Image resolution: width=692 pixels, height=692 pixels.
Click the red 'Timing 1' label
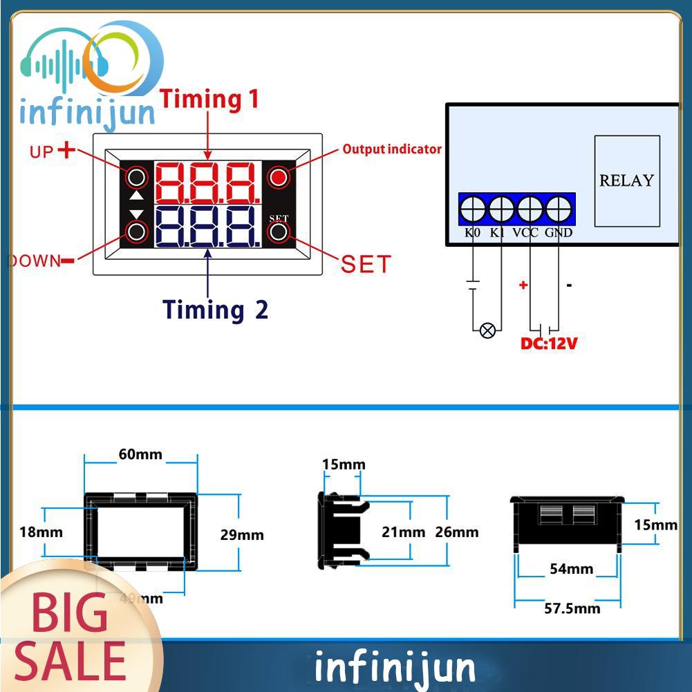tap(209, 99)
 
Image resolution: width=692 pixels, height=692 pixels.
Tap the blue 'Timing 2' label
tap(216, 309)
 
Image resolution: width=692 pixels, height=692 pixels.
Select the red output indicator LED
tap(279, 178)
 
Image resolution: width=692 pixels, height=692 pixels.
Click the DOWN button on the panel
tap(137, 231)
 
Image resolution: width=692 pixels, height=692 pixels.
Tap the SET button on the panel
tap(279, 232)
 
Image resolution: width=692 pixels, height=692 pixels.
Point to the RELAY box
tap(626, 181)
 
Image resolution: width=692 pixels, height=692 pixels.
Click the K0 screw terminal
tap(473, 208)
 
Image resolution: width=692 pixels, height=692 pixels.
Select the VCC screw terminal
tap(530, 208)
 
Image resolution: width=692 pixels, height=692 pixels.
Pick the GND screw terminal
tap(559, 208)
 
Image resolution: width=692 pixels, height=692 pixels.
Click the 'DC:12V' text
tap(549, 343)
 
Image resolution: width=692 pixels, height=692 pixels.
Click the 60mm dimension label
tap(140, 454)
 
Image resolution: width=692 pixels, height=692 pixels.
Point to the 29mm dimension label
tap(242, 534)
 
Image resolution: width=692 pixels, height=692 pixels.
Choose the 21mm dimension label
tap(404, 532)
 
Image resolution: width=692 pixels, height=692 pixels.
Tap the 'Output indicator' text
tap(392, 149)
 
